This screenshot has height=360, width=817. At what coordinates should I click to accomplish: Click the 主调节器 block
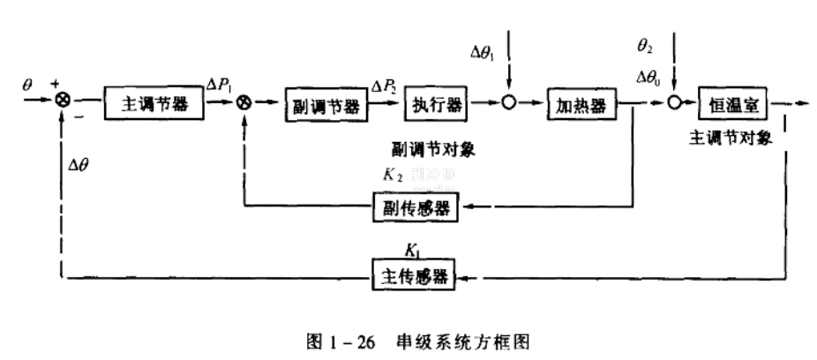pos(153,103)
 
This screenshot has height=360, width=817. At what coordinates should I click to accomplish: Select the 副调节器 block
pos(324,105)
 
